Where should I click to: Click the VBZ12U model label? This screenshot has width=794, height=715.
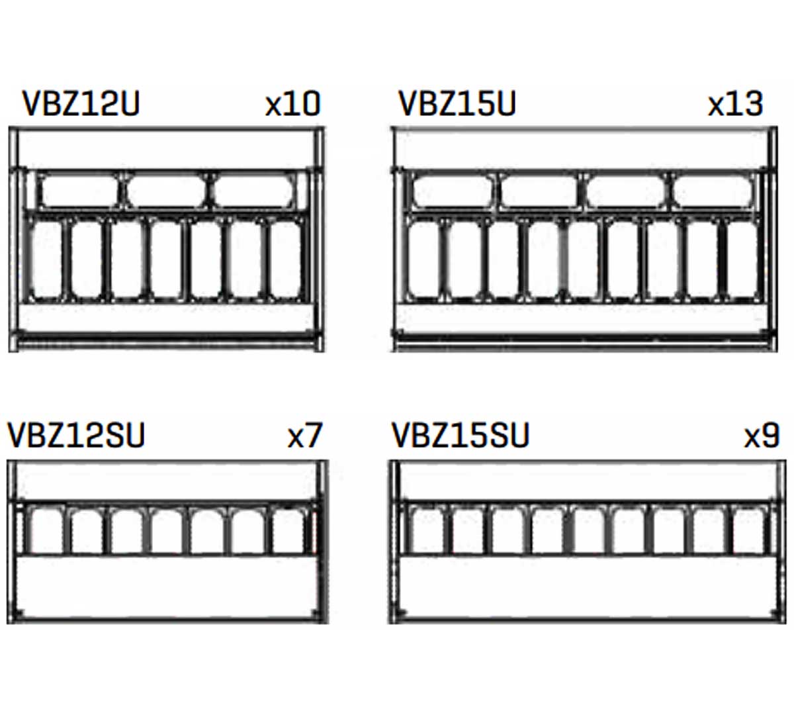pos(81,103)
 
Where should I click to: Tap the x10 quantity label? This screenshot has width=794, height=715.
pos(292,104)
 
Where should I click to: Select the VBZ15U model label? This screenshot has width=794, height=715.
pos(457,103)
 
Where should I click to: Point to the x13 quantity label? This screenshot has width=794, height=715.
pos(735,104)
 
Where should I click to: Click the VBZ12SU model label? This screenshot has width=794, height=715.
pos(76,435)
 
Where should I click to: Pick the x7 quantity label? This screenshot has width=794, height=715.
pos(305,435)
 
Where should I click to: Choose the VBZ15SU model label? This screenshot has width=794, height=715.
pos(461,435)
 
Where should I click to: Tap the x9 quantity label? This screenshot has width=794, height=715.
pos(762,435)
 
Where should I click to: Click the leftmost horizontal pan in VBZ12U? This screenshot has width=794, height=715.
pos(79,191)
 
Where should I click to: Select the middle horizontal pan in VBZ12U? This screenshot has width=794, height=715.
pos(166,191)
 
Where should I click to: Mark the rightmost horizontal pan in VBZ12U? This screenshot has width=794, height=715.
pos(253,191)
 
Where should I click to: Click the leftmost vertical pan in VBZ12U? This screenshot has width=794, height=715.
pos(46,260)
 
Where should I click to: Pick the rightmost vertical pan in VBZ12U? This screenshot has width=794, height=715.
pos(286,260)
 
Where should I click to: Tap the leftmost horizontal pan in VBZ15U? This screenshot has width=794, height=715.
pos(452,191)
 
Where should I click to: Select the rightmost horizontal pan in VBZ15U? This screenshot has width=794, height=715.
pos(713,191)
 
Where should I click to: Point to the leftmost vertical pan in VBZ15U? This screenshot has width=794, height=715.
pos(423,260)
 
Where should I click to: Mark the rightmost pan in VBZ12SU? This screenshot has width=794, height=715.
pos(288,530)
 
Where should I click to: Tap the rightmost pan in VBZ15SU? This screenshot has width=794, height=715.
pos(748,530)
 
